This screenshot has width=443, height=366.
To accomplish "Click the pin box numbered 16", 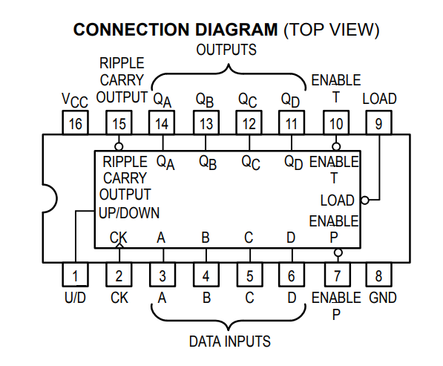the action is pyautogui.click(x=75, y=122).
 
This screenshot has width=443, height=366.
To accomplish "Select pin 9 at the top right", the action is pyautogui.click(x=379, y=122).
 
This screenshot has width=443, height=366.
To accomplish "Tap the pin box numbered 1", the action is pyautogui.click(x=75, y=275).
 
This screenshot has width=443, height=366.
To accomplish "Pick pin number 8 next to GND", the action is pyautogui.click(x=379, y=275).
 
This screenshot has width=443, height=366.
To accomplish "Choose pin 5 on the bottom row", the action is pyautogui.click(x=249, y=275).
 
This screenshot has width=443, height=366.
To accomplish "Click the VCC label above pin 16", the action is pyautogui.click(x=75, y=100).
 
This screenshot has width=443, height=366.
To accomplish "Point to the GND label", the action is pyautogui.click(x=383, y=298).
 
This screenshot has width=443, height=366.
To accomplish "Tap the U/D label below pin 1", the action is pyautogui.click(x=75, y=298).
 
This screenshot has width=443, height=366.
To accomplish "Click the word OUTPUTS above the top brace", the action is pyautogui.click(x=226, y=50).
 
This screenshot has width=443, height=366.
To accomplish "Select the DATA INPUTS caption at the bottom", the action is pyautogui.click(x=230, y=341).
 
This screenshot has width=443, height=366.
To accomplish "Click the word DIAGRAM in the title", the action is pyautogui.click(x=237, y=30).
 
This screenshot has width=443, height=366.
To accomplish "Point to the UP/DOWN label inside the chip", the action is pyautogui.click(x=129, y=213).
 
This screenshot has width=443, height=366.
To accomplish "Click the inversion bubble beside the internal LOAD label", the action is pyautogui.click(x=365, y=200).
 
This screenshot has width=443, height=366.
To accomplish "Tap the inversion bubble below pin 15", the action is pyautogui.click(x=119, y=146).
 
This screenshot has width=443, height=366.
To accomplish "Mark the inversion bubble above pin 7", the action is pyautogui.click(x=338, y=252).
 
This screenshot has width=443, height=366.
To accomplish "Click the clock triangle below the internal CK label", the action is pyautogui.click(x=119, y=246).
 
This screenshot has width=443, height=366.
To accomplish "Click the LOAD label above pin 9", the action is pyautogui.click(x=380, y=99).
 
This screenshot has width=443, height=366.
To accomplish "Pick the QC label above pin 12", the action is pyautogui.click(x=248, y=100).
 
